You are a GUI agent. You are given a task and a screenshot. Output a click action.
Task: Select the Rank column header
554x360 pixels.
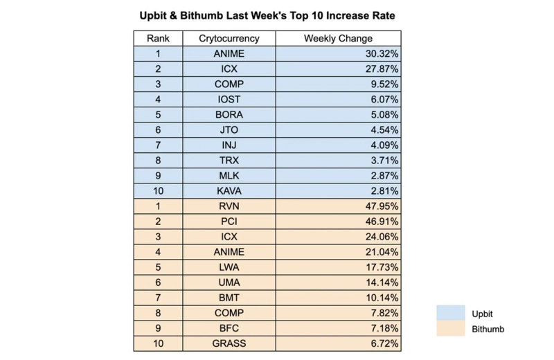pyautogui.click(x=158, y=39)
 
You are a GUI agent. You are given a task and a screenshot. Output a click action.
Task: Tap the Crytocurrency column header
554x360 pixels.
pyautogui.click(x=229, y=39)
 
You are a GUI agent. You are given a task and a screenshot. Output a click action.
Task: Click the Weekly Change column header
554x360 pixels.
pyautogui.click(x=337, y=39)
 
